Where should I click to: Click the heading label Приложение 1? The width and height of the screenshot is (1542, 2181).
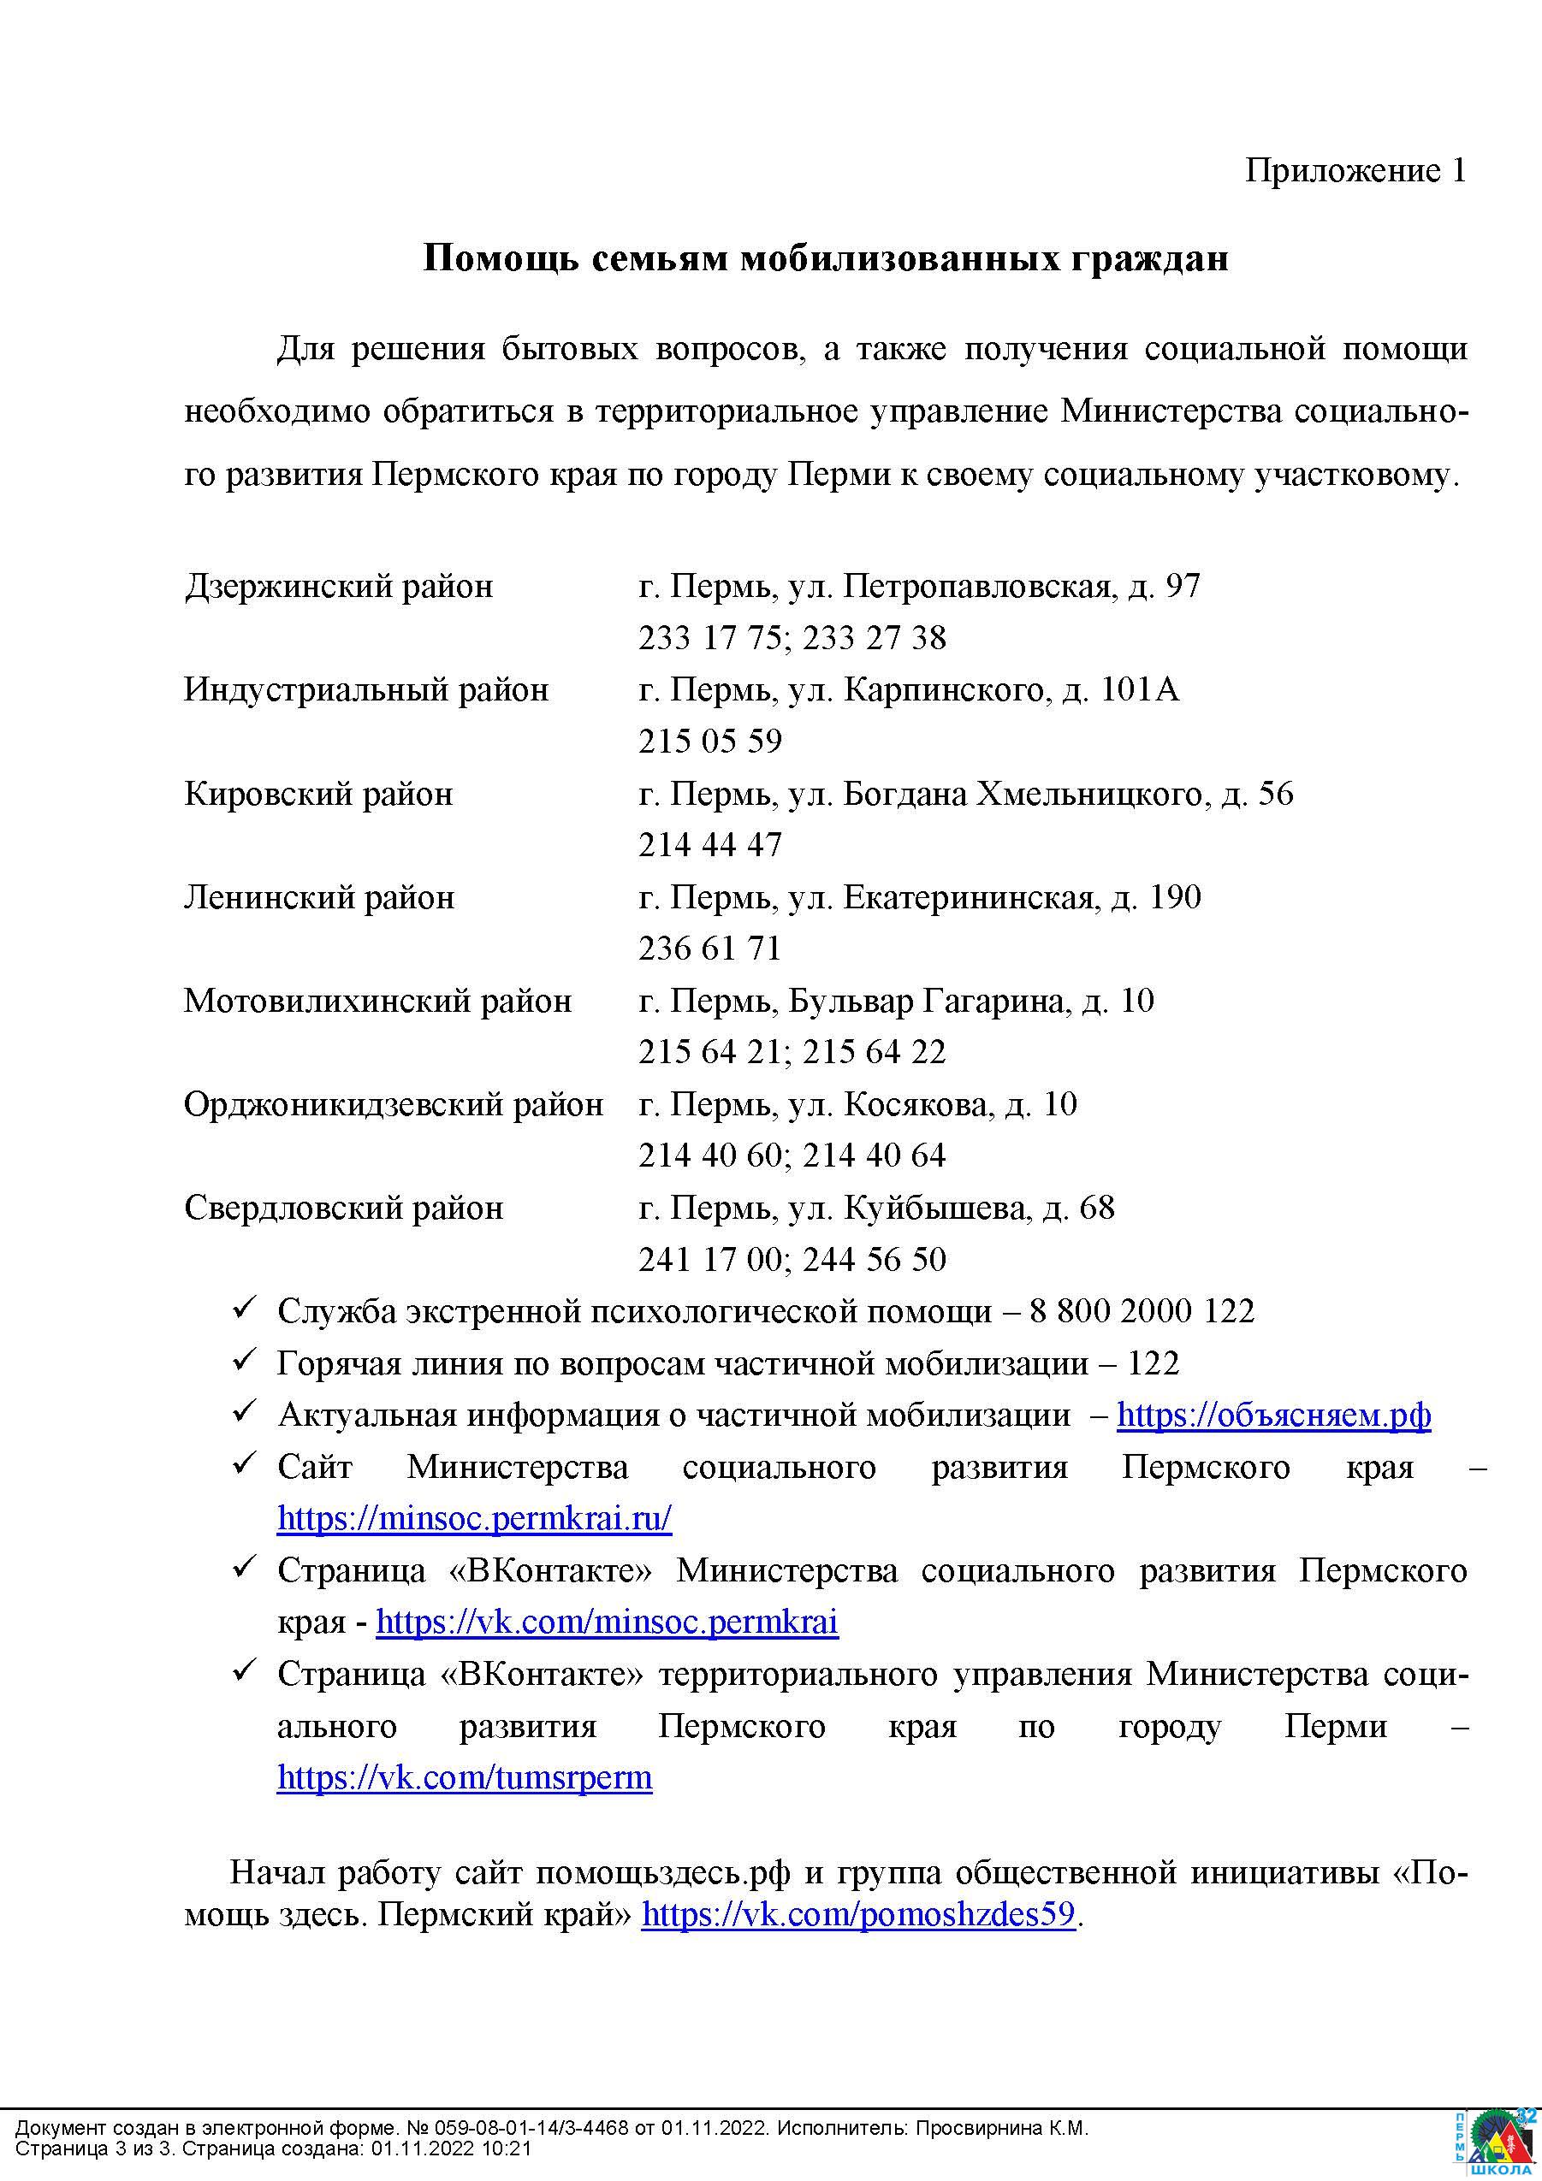pos(1355,171)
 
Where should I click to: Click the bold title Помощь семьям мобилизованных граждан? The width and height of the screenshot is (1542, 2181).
pos(825,258)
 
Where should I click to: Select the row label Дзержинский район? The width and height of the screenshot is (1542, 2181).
pos(338,586)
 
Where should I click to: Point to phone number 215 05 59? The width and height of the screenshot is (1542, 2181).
pos(709,741)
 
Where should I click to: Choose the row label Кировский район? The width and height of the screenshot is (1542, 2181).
pos(318,793)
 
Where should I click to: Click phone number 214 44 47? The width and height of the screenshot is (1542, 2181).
pos(709,844)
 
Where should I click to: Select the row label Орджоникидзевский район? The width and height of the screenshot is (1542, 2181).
pos(394,1104)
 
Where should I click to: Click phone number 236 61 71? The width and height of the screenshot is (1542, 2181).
pos(709,948)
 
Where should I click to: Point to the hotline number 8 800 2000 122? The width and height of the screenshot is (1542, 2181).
pos(1141,1311)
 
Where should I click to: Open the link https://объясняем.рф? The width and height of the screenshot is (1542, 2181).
pos(1273,1415)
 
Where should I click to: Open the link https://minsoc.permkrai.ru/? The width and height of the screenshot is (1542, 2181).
pos(474,1518)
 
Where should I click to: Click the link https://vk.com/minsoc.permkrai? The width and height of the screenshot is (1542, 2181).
pos(606,1622)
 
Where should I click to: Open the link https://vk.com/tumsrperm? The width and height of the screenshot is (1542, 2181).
pos(465,1777)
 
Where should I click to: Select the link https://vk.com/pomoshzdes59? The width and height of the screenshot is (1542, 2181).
pos(858,1914)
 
